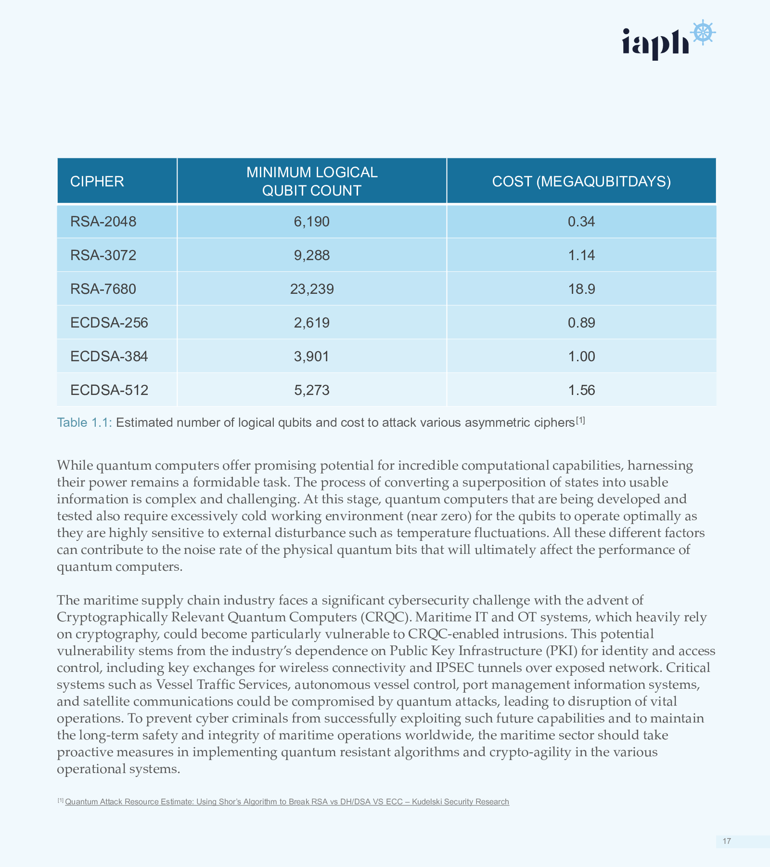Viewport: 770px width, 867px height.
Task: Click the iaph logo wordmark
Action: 655,42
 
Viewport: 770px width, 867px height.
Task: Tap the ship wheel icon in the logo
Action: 703,33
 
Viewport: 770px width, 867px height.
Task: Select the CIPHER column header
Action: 97,181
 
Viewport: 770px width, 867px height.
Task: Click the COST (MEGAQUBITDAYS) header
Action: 581,181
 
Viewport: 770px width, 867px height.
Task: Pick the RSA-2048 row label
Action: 103,222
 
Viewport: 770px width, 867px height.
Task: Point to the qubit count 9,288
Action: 312,255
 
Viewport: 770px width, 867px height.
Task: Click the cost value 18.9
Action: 581,289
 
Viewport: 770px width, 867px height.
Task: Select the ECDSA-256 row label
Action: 109,323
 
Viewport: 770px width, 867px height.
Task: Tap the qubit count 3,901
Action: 312,356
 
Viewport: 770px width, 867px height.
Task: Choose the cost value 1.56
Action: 581,390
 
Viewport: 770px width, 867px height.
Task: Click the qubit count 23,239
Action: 312,289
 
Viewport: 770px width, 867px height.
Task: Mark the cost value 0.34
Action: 581,222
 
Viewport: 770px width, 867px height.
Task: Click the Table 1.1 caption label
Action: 85,422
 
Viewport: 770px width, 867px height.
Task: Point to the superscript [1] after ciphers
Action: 580,420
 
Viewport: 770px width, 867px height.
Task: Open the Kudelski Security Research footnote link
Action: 287,801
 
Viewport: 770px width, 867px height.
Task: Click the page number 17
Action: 727,841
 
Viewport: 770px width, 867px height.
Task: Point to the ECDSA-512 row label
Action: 109,390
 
